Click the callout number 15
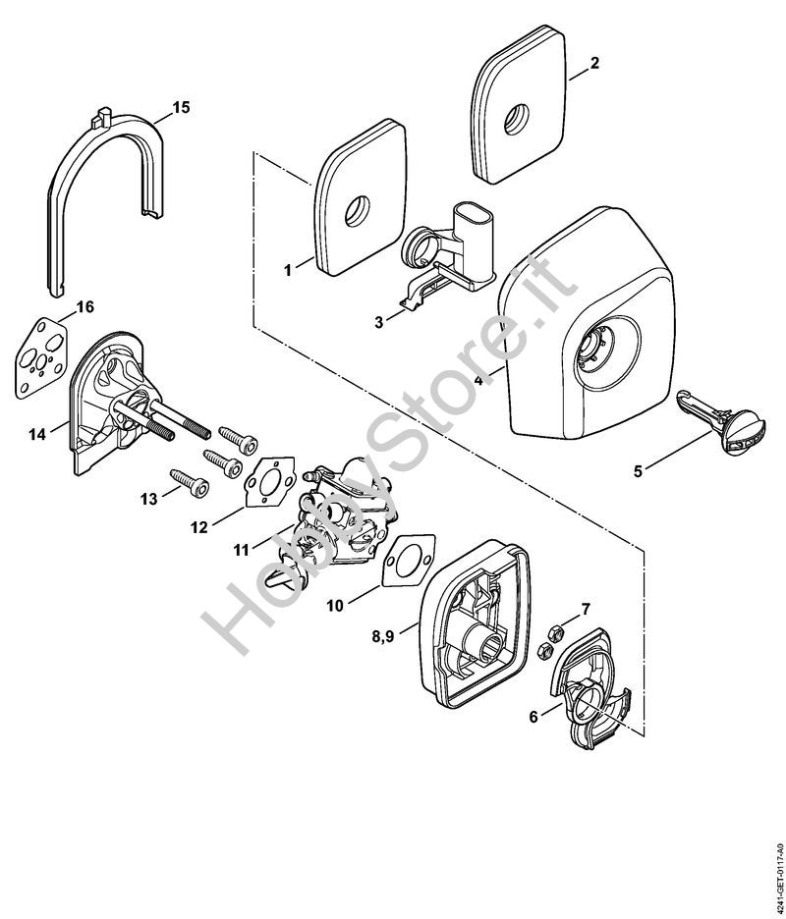tap(181, 106)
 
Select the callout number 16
tap(84, 307)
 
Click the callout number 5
tap(638, 471)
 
